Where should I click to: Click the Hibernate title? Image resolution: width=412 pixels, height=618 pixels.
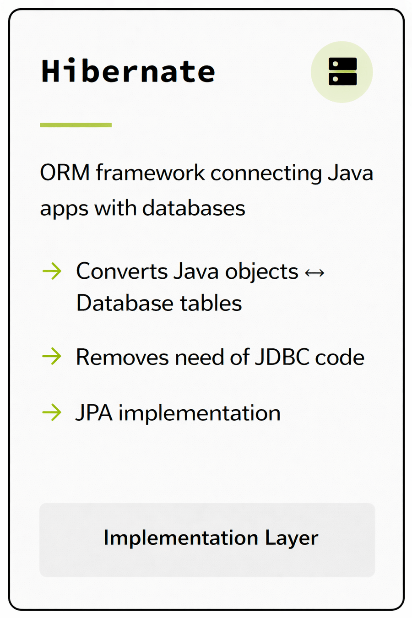coord(128,71)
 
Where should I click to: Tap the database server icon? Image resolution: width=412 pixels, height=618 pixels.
coord(342,72)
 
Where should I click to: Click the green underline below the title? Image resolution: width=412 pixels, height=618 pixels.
coord(76,125)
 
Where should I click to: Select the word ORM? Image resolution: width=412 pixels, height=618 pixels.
coord(65,173)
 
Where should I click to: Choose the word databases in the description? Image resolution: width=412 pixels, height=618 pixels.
coord(194,208)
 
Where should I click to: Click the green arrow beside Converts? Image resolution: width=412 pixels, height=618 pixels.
coord(52,271)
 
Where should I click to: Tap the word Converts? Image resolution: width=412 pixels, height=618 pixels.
coord(121,271)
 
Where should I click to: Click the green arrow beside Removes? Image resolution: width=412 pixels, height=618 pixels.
coord(52,356)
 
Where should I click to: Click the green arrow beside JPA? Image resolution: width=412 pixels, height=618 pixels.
coord(52,412)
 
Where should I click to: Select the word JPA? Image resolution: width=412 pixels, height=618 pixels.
coord(94,413)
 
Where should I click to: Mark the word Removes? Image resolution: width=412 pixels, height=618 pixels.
coord(122,357)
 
